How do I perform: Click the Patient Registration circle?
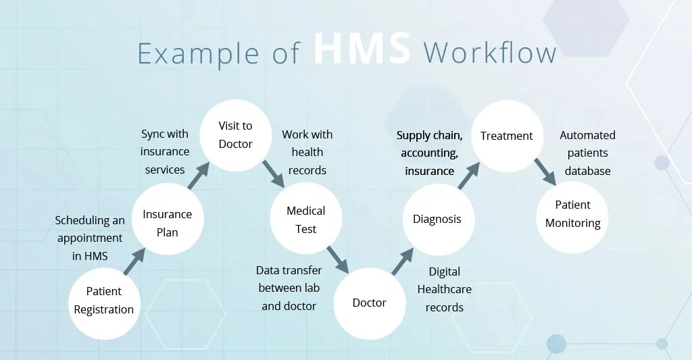coord(104,301)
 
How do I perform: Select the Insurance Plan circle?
coord(167,222)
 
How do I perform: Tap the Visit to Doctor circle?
coord(235,135)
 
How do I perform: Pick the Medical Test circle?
coord(305,220)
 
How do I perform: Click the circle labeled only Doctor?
coord(369,303)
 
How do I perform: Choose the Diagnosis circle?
coord(437,219)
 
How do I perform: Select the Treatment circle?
coord(506,136)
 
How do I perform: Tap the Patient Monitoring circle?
coord(572,214)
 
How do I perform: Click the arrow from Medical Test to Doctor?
coord(337,259)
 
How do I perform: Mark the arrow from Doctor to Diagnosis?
coord(402,261)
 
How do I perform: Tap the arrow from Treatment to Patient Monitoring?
coord(545,172)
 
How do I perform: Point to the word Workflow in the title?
coord(489,53)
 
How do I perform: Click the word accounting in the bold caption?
coord(429,153)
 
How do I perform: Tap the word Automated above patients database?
coord(587,135)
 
